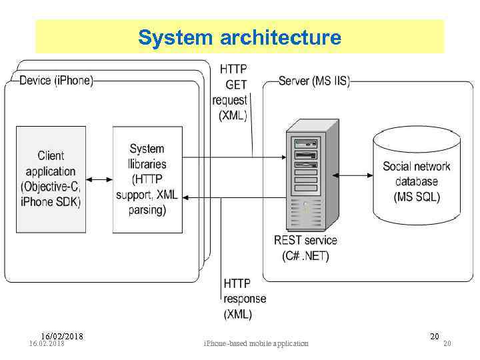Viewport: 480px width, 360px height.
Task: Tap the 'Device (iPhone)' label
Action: click(x=57, y=81)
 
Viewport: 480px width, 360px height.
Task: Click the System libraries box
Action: click(x=147, y=179)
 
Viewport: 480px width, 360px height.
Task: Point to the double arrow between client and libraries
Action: click(x=99, y=179)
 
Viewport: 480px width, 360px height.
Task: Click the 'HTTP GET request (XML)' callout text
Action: click(x=230, y=92)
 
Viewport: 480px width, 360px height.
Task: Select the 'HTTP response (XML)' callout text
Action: click(x=245, y=299)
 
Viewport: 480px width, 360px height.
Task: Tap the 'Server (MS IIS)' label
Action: click(x=313, y=81)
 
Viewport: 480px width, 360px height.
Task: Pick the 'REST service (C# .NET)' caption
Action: click(x=305, y=247)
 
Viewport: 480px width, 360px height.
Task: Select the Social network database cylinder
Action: click(x=416, y=175)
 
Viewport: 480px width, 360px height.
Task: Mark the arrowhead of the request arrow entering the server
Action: click(x=283, y=159)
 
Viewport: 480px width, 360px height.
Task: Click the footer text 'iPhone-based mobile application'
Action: click(x=256, y=343)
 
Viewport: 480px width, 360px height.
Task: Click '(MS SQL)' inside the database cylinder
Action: click(x=417, y=197)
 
